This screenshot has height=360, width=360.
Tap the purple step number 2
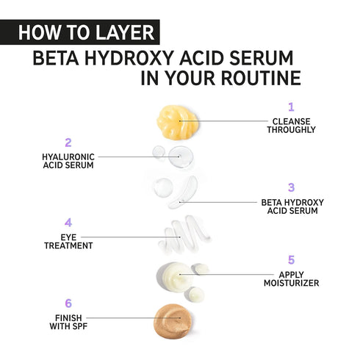click(x=68, y=143)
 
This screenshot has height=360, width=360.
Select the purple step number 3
click(x=291, y=187)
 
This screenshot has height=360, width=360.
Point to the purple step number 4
click(x=68, y=222)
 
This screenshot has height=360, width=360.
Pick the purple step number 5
click(x=291, y=259)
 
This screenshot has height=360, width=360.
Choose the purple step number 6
click(x=68, y=302)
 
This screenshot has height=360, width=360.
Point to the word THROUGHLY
click(x=292, y=130)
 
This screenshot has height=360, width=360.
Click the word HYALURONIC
click(x=68, y=156)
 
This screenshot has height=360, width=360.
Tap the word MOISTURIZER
click(x=292, y=282)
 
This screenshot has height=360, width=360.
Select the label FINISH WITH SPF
click(x=68, y=320)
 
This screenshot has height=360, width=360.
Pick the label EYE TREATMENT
click(x=68, y=241)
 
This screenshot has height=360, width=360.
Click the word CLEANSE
click(x=292, y=121)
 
